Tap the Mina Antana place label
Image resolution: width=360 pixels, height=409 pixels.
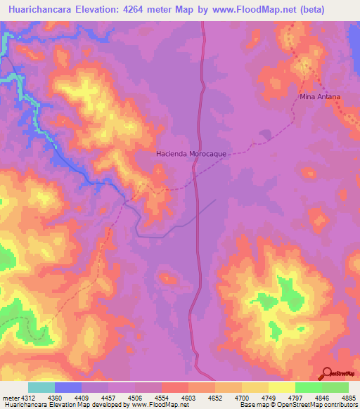[320, 96]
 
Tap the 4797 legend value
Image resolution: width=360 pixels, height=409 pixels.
[295, 398]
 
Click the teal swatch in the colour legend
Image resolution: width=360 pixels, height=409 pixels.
[41, 387]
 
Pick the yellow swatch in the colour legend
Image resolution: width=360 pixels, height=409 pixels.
[281, 387]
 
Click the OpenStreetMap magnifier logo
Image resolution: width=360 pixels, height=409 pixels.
[326, 373]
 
